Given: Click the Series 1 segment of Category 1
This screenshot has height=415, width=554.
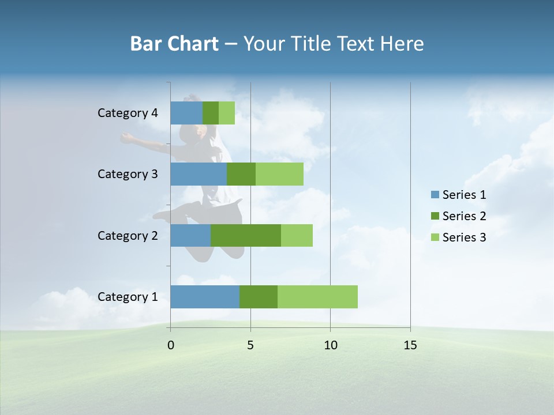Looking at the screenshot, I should pos(205,297).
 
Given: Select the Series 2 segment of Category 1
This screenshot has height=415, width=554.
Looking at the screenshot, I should pos(259,297).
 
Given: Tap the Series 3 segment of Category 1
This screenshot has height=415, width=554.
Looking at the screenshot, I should pos(317,297).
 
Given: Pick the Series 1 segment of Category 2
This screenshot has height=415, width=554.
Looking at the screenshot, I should pos(190,235).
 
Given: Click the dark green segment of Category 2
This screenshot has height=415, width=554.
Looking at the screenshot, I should pos(246,235).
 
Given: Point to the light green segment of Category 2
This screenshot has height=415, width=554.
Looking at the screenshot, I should pos(297,235).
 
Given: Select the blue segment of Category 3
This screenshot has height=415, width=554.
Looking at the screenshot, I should pos(199,174).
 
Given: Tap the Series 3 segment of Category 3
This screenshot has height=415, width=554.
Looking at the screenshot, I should pos(279,174).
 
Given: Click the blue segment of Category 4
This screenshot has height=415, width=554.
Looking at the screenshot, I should pos(186,113).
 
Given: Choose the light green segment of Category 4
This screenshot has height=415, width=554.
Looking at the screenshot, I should pos(227,113).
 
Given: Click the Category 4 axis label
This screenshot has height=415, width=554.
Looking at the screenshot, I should pos(128,113).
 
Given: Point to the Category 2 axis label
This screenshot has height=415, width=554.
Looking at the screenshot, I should pos(128,235).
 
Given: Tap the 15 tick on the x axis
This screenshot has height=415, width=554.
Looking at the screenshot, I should pos(410,345).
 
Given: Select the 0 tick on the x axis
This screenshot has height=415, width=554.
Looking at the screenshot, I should pos(170,345).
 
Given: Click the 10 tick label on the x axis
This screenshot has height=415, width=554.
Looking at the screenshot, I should pos(330,345).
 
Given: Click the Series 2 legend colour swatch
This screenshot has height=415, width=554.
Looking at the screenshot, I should pos(435,216).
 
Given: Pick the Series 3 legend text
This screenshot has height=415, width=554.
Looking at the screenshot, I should pos(464,237).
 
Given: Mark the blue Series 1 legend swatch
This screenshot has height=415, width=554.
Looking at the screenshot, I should pos(435,195).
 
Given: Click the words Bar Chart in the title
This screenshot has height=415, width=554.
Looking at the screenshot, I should pos(174,44).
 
